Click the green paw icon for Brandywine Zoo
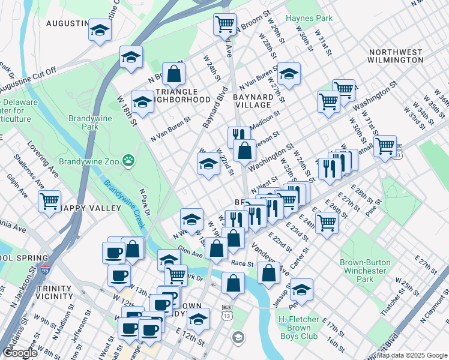127,161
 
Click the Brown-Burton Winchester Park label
364,271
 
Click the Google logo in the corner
20,353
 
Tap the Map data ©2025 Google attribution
412,355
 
